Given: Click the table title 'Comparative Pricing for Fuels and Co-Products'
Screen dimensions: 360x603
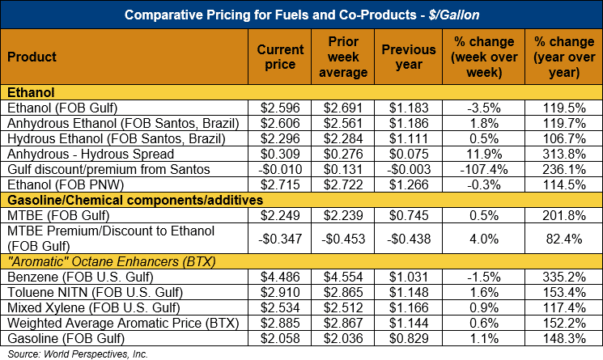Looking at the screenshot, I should (301, 14).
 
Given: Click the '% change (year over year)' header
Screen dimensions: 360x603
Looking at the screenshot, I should (562, 57).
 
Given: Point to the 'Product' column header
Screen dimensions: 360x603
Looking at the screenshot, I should (32, 57).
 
